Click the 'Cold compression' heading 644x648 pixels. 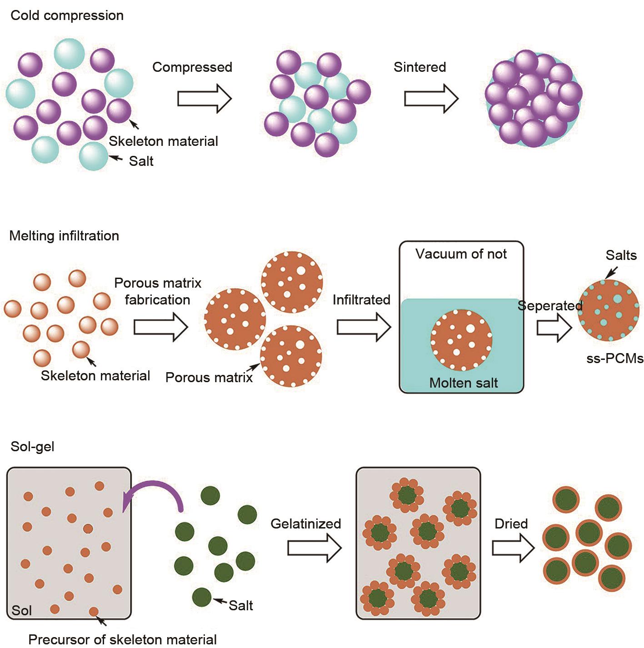pyautogui.click(x=67, y=15)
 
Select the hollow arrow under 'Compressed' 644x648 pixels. pyautogui.click(x=204, y=98)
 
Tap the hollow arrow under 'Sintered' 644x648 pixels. pyautogui.click(x=431, y=98)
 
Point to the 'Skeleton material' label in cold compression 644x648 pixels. pyautogui.click(x=163, y=141)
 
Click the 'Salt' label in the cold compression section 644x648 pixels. pyautogui.click(x=141, y=161)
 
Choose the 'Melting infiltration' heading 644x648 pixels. pyautogui.click(x=64, y=236)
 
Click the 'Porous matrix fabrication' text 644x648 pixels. pyautogui.click(x=158, y=291)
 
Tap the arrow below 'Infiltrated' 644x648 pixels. pyautogui.click(x=364, y=327)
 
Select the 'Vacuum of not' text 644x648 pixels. pyautogui.click(x=461, y=254)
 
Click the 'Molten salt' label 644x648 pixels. pyautogui.click(x=464, y=383)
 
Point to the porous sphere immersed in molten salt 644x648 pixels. pyautogui.click(x=461, y=339)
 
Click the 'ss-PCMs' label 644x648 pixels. pyautogui.click(x=615, y=359)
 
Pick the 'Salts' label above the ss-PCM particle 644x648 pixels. pyautogui.click(x=621, y=255)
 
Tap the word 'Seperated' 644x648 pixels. pyautogui.click(x=550, y=306)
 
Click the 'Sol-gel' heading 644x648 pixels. pyautogui.click(x=32, y=447)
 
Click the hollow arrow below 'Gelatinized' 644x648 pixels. pyautogui.click(x=314, y=548)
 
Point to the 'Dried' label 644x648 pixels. pyautogui.click(x=511, y=524)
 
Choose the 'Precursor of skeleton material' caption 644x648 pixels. pyautogui.click(x=122, y=639)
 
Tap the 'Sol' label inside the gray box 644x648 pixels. pyautogui.click(x=21, y=610)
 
